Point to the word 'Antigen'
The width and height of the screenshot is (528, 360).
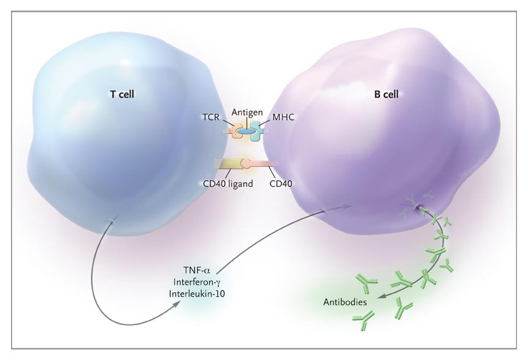click(247, 113)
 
